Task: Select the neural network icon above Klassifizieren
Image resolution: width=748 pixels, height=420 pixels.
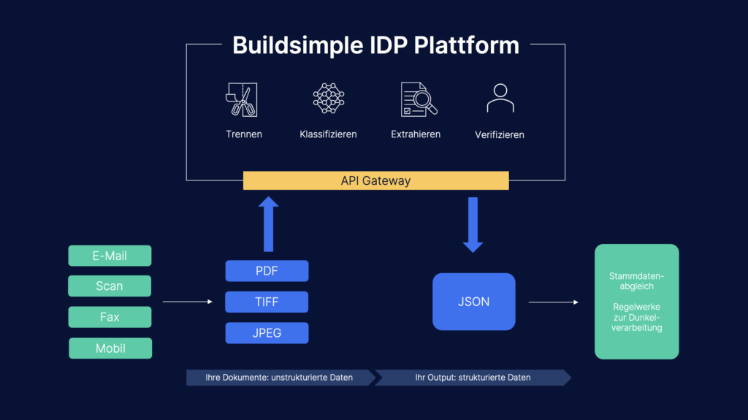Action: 328,99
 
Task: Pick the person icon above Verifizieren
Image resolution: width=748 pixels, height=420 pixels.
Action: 500,99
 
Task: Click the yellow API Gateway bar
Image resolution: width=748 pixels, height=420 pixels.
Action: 375,180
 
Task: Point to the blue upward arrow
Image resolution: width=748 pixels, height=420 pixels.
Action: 269,223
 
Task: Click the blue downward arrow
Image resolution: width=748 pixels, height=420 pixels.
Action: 473,224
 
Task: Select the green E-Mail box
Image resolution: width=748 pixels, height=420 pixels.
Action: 110,256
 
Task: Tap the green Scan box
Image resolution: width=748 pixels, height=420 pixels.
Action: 110,286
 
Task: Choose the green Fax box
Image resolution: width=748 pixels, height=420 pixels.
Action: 110,317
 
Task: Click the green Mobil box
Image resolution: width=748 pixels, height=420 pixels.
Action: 110,348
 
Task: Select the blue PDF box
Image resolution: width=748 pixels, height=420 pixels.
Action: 267,271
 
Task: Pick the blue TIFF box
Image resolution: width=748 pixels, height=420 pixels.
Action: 267,302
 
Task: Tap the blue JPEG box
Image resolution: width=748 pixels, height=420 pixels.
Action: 267,333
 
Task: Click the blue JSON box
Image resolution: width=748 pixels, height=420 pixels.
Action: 473,302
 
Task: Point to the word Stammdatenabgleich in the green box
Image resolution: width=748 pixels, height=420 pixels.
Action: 636,281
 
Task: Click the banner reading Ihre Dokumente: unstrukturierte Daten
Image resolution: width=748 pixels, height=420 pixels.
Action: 280,378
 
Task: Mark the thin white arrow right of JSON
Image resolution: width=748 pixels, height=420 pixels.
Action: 553,302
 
